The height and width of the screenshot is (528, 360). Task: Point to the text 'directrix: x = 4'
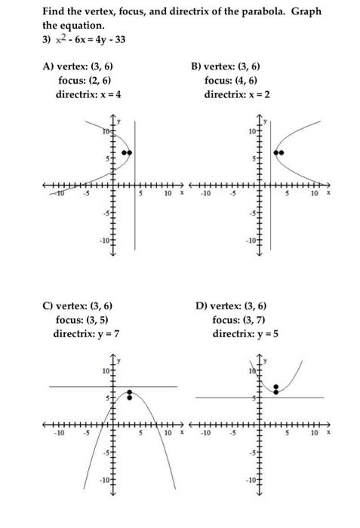88,94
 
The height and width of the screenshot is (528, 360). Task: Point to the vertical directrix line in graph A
135,219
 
